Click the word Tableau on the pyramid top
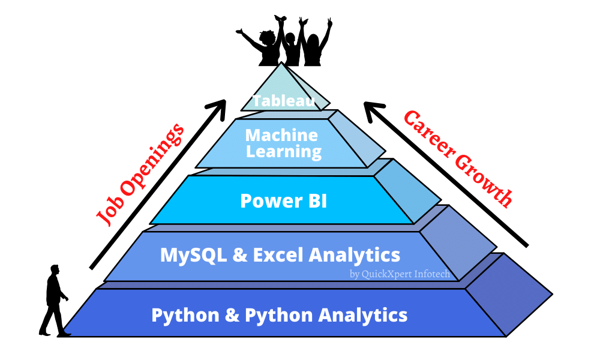pyautogui.click(x=284, y=101)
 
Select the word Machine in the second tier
pyautogui.click(x=281, y=134)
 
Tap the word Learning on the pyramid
pyautogui.click(x=284, y=151)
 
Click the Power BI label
pyautogui.click(x=284, y=200)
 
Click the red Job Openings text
pyautogui.click(x=139, y=175)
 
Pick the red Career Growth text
pyautogui.click(x=458, y=158)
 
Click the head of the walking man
pyautogui.click(x=55, y=271)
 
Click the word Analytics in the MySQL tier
pyautogui.click(x=355, y=255)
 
